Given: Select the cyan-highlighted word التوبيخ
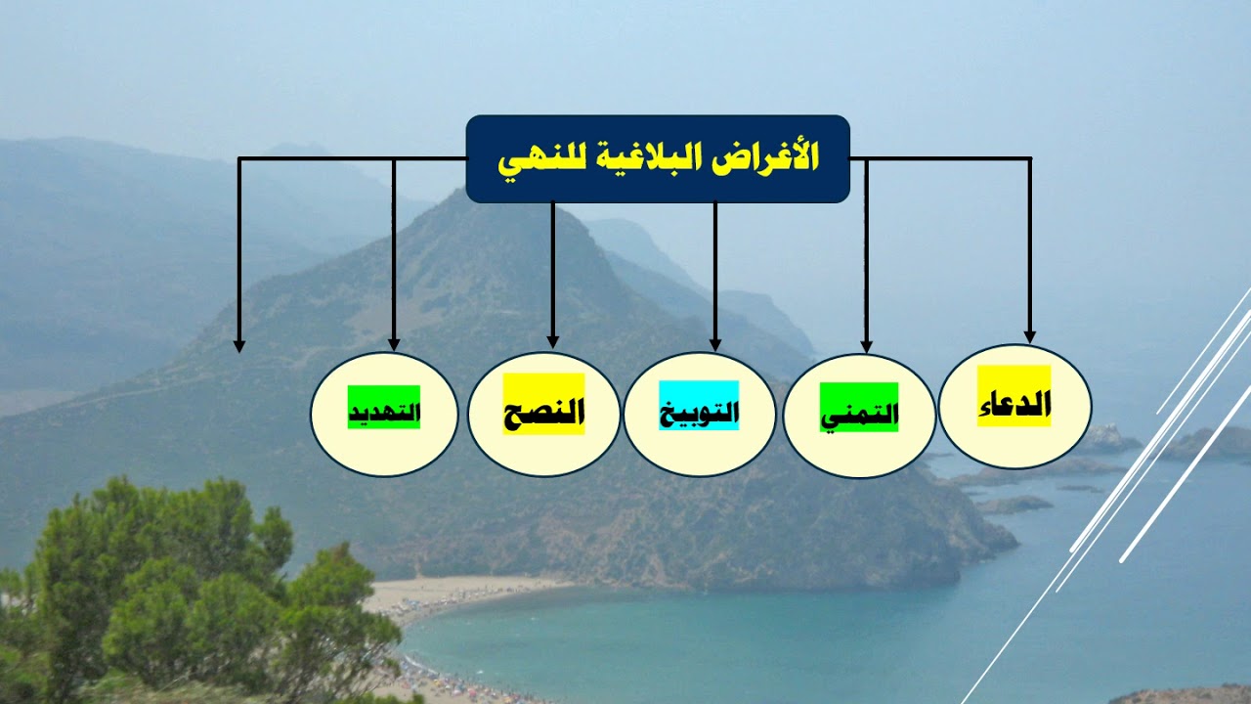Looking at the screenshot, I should click(x=699, y=413).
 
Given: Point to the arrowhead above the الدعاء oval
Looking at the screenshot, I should click(x=1029, y=335).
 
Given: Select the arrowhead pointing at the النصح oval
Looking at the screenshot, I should click(x=553, y=341).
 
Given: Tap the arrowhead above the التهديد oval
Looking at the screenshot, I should click(x=394, y=343).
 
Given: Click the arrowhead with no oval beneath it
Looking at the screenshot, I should click(x=239, y=345).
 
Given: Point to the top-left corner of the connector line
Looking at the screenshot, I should click(x=239, y=158).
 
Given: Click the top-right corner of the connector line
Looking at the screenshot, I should click(x=1029, y=158).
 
